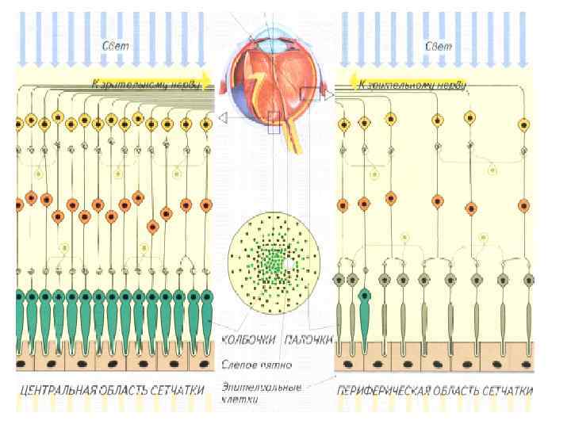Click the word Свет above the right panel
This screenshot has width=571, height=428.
(x=439, y=46)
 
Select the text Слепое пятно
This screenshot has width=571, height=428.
(x=266, y=365)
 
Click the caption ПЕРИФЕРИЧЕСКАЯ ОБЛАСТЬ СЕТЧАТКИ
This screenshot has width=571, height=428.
(x=435, y=391)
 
